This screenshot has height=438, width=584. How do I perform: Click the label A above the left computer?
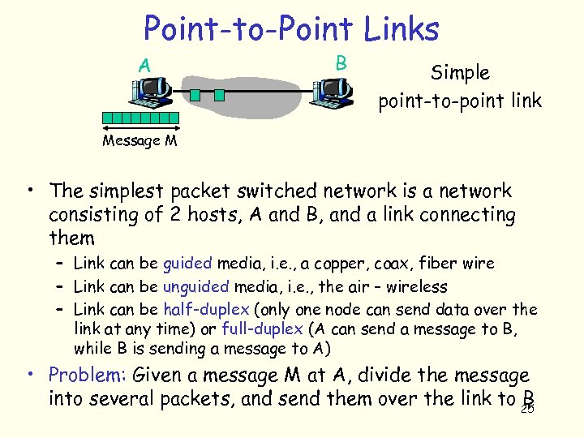point(144,64)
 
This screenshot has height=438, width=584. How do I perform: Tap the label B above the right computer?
point(341,62)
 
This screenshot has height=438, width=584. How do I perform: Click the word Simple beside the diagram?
point(460,72)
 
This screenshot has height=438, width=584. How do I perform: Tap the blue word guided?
point(187,263)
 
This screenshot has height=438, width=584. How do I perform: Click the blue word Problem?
point(87,376)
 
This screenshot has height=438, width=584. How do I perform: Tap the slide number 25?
point(527,409)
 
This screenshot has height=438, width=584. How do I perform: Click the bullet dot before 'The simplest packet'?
point(29,191)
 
